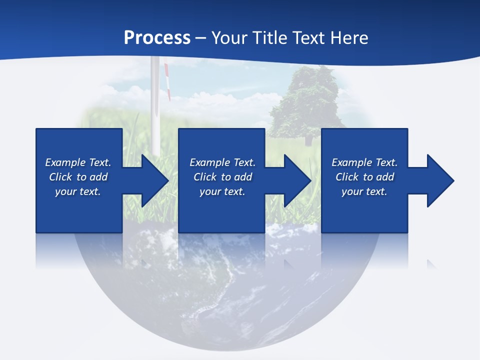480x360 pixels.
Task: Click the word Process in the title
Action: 157,38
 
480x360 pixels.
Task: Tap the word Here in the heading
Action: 348,38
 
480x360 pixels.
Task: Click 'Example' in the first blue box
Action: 65,162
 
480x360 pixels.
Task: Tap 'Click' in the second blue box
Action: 205,177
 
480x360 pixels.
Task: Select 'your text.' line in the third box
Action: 364,191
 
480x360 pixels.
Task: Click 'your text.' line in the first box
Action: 78,191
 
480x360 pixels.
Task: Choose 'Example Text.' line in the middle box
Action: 222,162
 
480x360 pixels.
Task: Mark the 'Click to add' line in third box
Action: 364,177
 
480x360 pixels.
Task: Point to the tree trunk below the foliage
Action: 308,140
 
